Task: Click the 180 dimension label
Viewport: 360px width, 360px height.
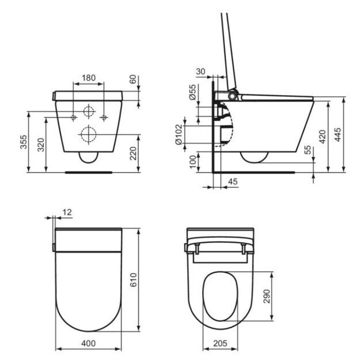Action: coord(89,78)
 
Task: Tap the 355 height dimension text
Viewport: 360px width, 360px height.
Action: coord(24,142)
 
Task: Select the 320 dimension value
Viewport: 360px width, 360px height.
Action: coord(41,145)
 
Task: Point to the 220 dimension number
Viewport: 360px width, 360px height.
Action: coord(133,153)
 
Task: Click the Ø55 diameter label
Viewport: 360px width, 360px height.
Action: coord(193,92)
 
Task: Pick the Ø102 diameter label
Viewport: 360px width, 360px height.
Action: coord(179,135)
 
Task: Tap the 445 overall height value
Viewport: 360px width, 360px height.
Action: coord(338,135)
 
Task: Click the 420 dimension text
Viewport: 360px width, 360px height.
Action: coord(323,137)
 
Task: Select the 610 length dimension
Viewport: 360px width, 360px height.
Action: coord(134,280)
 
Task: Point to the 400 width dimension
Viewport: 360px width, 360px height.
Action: coord(88,343)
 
